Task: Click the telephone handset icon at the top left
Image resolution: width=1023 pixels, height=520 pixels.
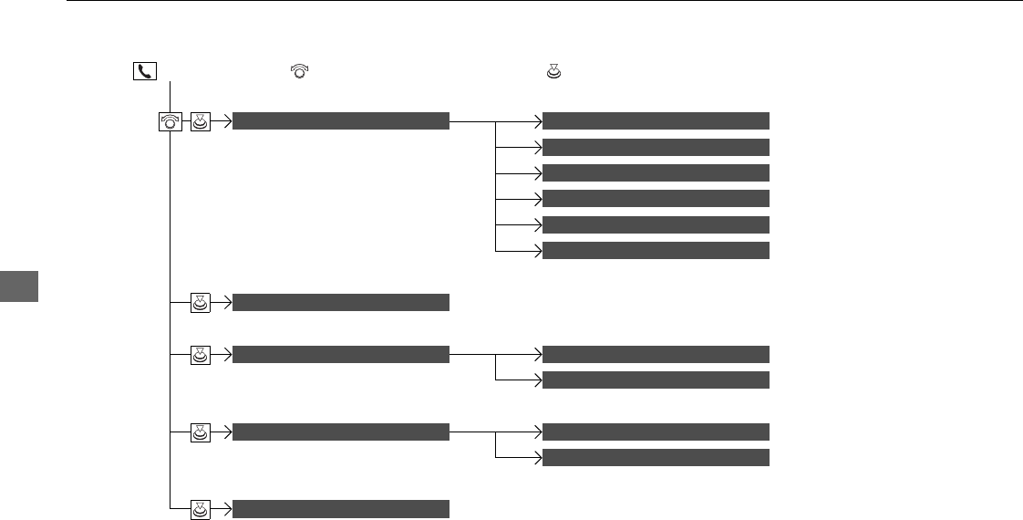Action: [x=144, y=70]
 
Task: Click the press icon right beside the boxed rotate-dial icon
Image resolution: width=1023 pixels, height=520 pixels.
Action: [x=201, y=120]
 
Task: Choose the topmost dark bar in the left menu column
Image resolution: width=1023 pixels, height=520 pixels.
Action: [x=341, y=120]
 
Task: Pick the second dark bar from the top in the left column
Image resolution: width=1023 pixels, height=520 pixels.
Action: [x=341, y=303]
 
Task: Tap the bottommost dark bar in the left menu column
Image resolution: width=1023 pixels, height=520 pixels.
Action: [x=341, y=509]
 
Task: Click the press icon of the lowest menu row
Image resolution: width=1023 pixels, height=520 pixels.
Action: [x=201, y=509]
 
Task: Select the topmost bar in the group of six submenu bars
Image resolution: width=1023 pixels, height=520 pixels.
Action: [x=656, y=120]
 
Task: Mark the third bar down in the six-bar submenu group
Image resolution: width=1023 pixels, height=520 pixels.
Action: [x=656, y=172]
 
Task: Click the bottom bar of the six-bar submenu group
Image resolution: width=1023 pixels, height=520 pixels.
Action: [x=656, y=251]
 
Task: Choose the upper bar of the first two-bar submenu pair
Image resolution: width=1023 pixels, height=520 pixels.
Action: [x=656, y=355]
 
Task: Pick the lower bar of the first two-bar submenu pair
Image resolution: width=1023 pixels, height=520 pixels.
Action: [x=656, y=380]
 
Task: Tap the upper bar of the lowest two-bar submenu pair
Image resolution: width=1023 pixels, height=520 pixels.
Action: [x=656, y=432]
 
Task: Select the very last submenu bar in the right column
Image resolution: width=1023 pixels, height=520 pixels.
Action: [x=656, y=457]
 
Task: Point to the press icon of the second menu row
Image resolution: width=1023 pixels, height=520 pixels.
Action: [x=201, y=303]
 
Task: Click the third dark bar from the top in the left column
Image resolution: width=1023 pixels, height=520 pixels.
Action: [x=341, y=355]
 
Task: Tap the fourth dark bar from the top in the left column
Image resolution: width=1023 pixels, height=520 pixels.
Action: [x=341, y=432]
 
